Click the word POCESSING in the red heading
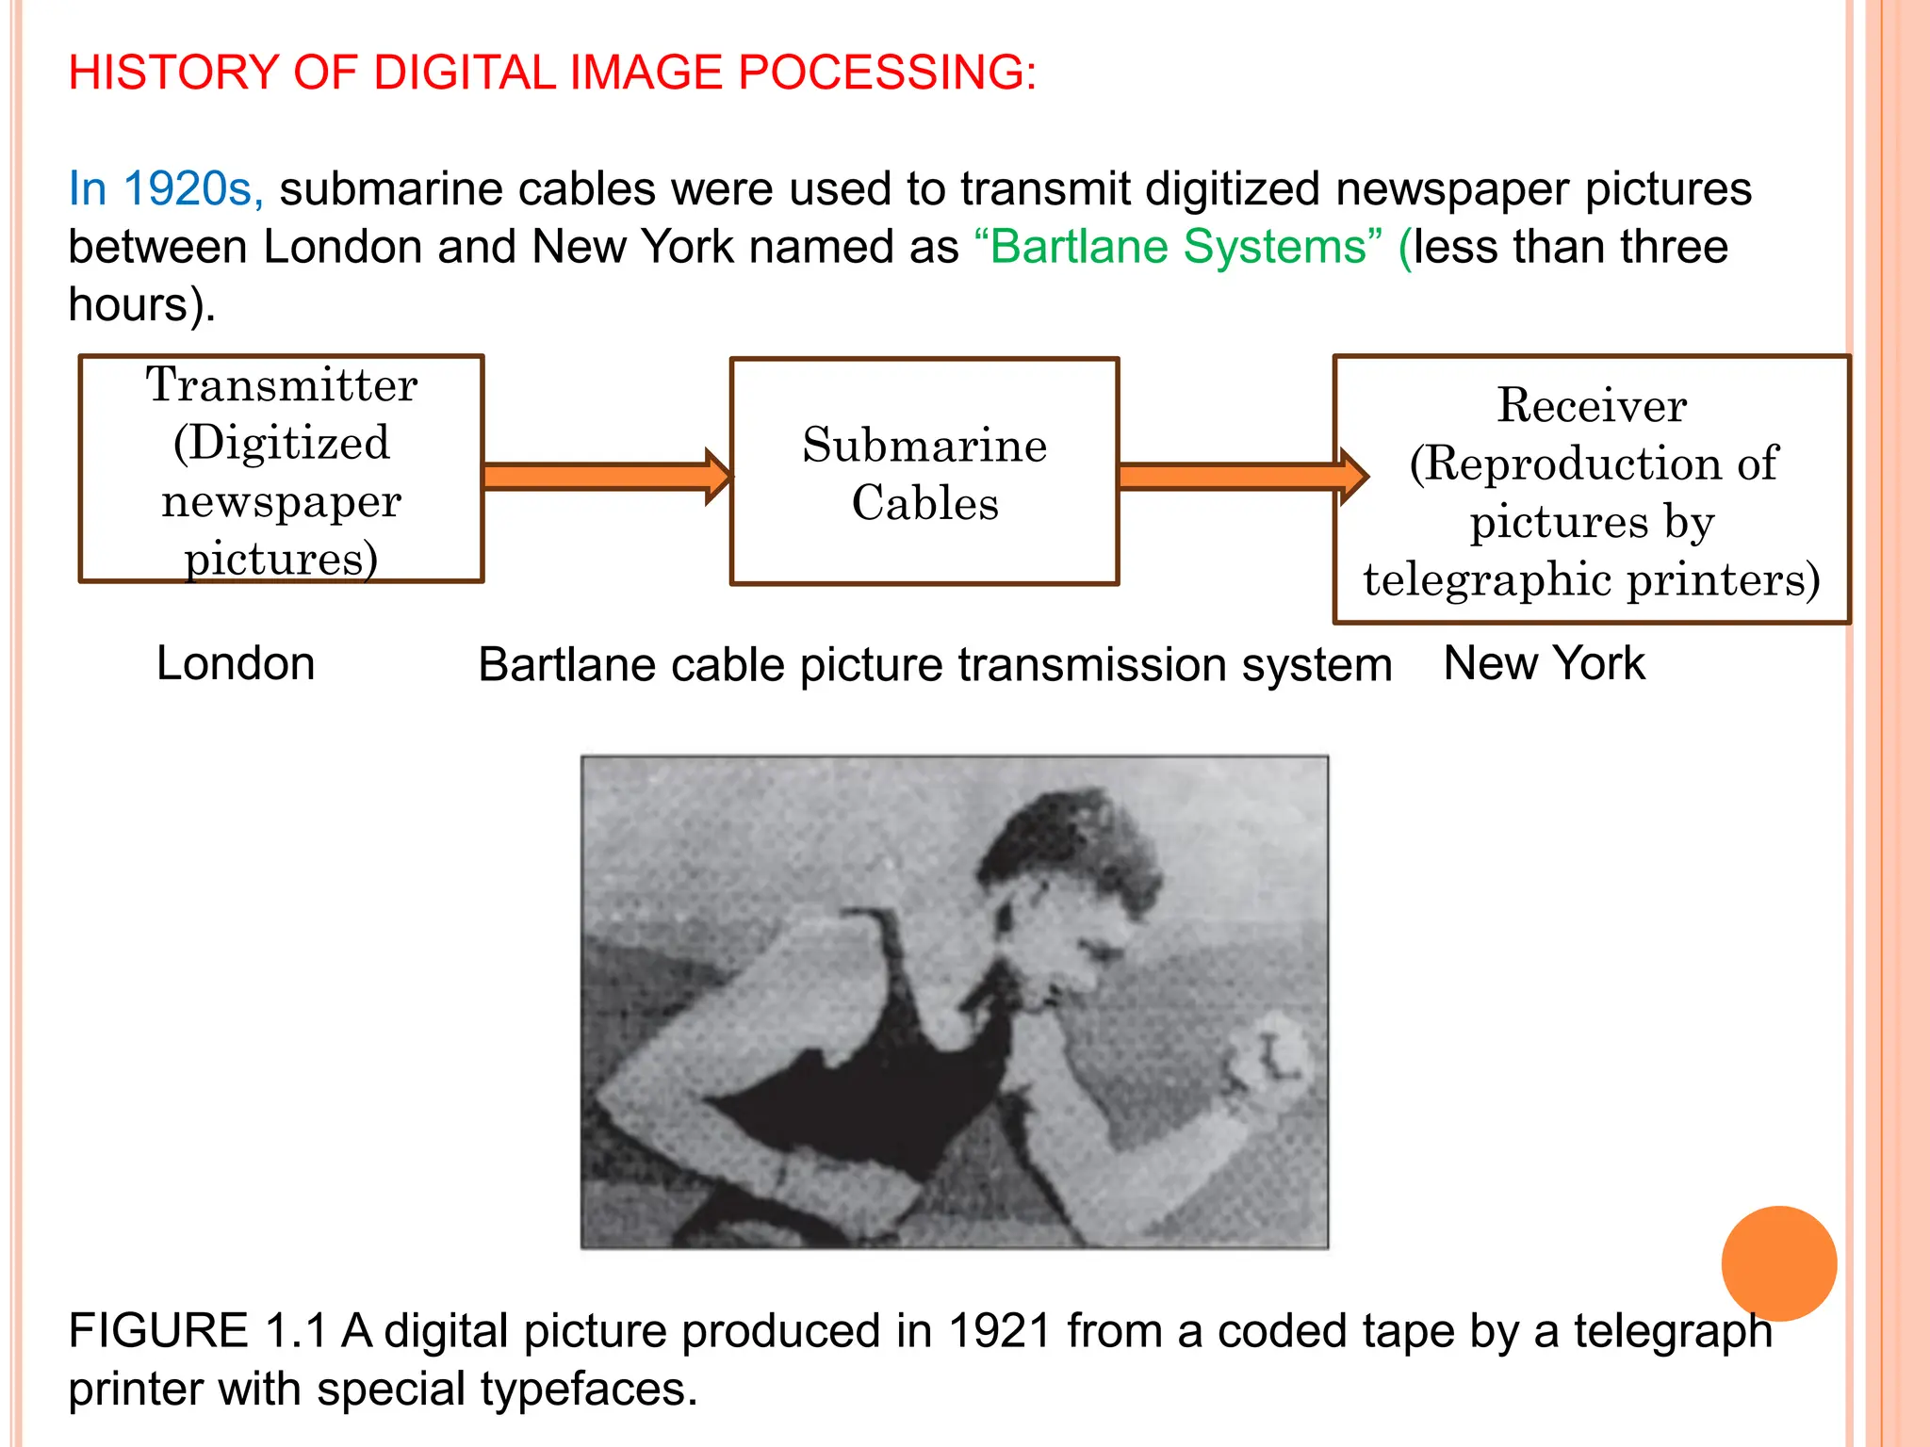coord(886,73)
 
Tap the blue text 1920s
coord(192,188)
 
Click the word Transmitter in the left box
coord(282,385)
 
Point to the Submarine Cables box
coord(924,472)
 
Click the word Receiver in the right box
coord(1592,405)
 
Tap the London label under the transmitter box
coord(236,663)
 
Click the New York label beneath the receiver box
coord(1544,663)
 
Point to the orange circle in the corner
coord(1778,1263)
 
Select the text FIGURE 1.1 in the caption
coord(196,1331)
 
